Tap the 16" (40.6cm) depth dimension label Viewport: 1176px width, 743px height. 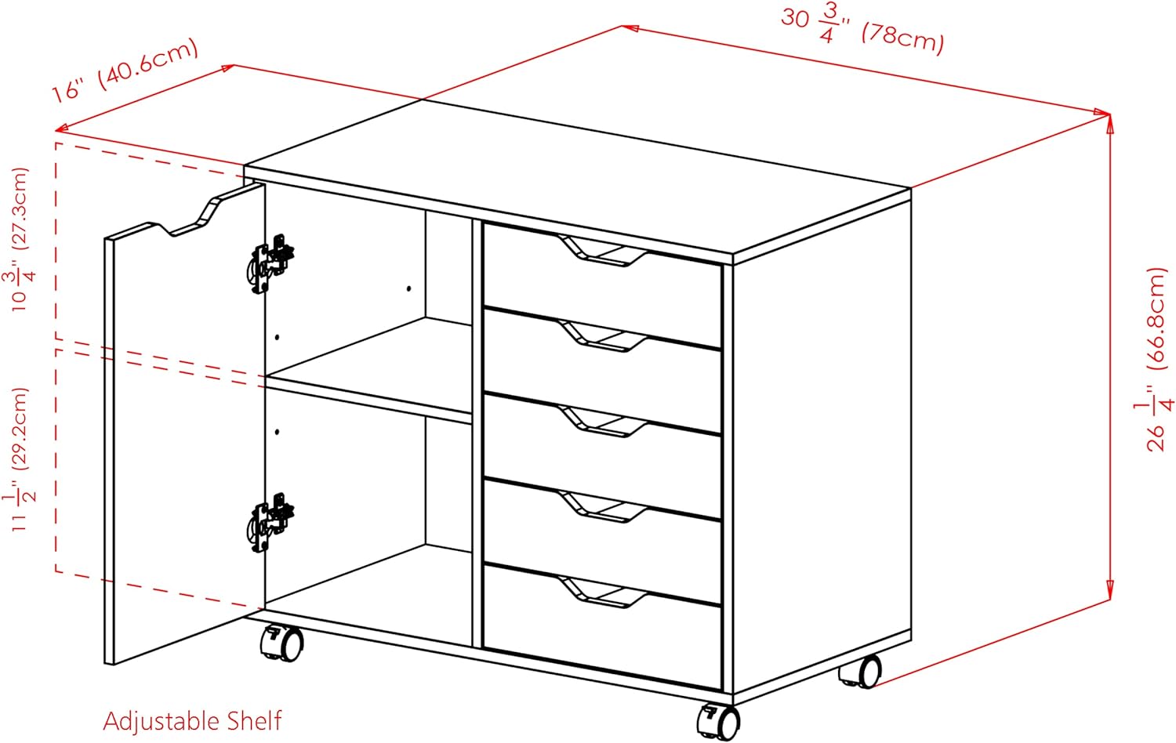125,71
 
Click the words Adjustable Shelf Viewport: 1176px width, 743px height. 192,721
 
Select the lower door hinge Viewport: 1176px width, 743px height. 270,522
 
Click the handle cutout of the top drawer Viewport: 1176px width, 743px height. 604,252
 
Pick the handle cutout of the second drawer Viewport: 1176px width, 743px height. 604,336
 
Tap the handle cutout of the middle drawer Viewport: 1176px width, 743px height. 604,422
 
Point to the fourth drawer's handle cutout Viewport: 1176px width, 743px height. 604,507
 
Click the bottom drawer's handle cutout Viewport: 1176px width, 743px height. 604,593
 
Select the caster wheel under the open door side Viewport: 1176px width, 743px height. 282,643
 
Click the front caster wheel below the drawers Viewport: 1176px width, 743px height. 719,722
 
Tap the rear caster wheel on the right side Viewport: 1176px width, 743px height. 861,672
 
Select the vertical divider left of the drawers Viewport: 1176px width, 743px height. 477,433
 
